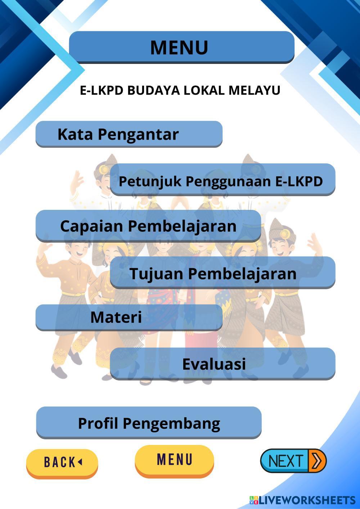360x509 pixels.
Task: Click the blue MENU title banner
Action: (x=181, y=47)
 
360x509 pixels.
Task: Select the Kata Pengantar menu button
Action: (x=129, y=134)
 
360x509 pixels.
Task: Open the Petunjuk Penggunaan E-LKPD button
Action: (x=222, y=180)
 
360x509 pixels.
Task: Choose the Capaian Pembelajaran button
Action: (x=148, y=226)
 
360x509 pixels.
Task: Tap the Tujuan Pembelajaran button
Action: (x=222, y=273)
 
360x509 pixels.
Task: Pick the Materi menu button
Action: (x=129, y=317)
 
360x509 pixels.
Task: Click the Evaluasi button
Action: (x=222, y=364)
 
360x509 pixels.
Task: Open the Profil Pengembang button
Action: (x=149, y=423)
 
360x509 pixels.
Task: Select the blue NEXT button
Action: (x=285, y=461)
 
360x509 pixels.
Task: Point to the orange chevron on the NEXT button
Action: (x=317, y=461)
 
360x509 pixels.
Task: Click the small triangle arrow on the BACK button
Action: (x=80, y=461)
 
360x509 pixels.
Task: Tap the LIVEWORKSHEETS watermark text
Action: (x=307, y=500)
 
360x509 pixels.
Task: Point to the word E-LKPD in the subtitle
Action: (x=102, y=90)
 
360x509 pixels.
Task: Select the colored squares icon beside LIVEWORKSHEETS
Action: (x=253, y=500)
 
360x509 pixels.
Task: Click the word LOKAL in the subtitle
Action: (x=204, y=90)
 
